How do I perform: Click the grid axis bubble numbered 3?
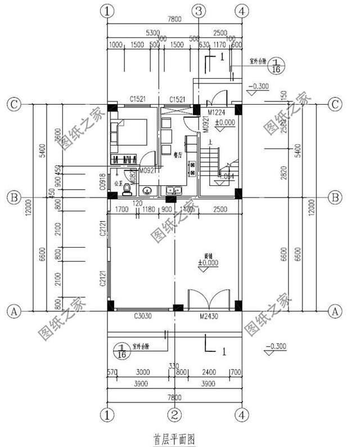(198, 11)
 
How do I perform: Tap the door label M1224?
(217, 111)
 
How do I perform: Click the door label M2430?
(209, 316)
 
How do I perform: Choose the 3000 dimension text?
(144, 372)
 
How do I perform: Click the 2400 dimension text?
(208, 372)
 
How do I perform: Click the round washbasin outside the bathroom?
(147, 191)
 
